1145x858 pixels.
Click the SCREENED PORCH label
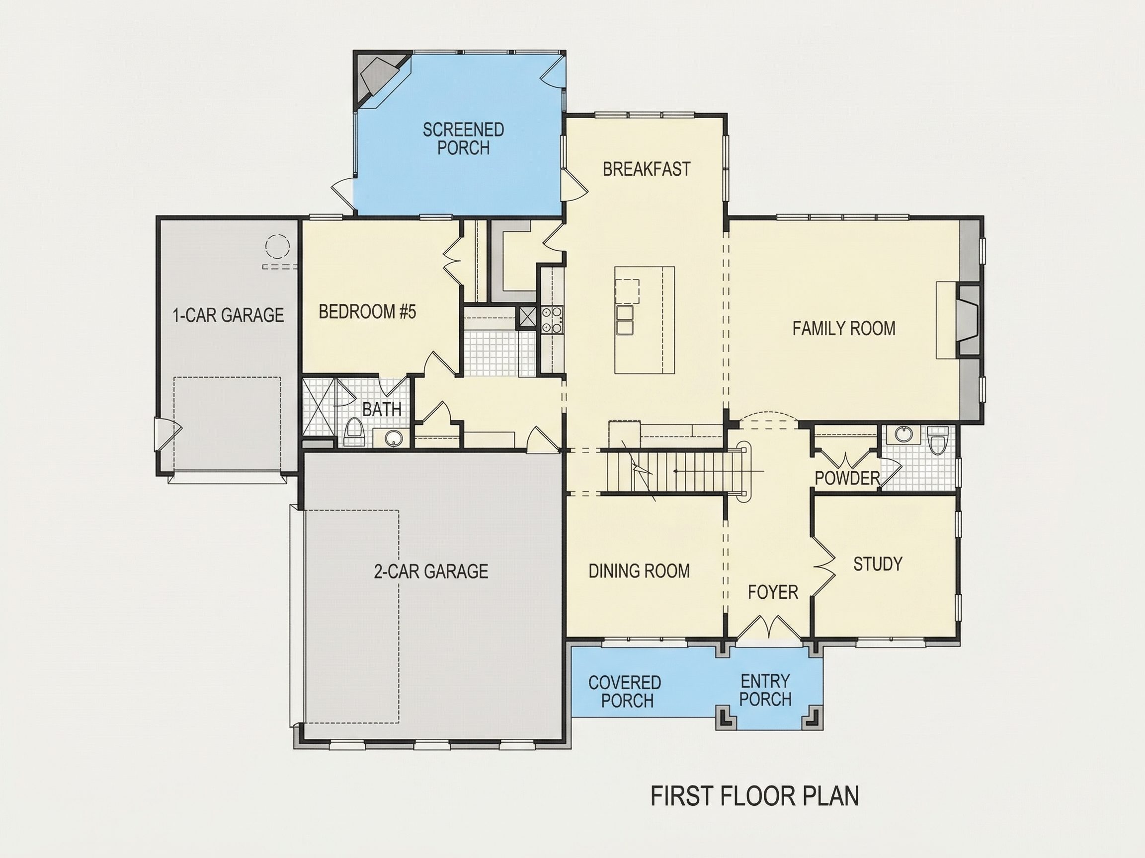[x=463, y=139]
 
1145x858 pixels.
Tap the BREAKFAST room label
[x=647, y=169]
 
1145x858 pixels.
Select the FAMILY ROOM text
[x=844, y=328]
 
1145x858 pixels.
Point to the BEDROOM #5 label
[x=368, y=312]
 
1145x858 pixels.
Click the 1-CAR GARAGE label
[x=228, y=315]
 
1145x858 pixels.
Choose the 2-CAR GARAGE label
[x=431, y=571]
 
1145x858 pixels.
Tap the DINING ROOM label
[x=639, y=571]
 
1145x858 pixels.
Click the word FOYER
[x=773, y=592]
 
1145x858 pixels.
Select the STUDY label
[x=878, y=564]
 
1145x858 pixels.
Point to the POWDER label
[x=847, y=478]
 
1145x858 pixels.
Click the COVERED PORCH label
[x=625, y=692]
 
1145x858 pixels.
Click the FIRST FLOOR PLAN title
[x=755, y=796]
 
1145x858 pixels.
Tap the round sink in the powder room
[x=903, y=434]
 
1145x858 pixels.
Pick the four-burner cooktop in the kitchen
[x=552, y=320]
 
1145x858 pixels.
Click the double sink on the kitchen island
[x=625, y=320]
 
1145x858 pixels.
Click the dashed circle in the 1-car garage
[x=277, y=246]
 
